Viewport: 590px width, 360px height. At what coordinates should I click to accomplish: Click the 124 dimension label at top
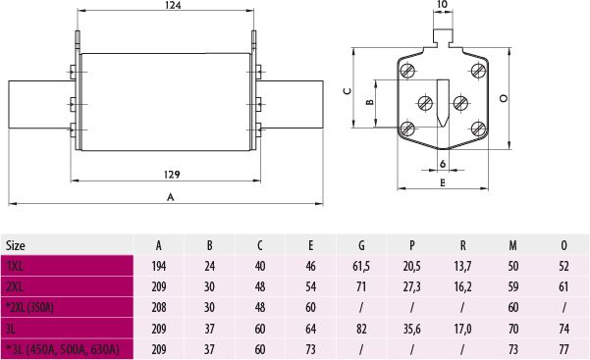point(173,5)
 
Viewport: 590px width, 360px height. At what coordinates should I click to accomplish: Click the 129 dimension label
point(172,175)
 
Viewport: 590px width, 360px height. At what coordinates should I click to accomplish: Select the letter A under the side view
point(171,197)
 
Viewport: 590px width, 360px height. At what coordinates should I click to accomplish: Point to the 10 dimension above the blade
point(443,4)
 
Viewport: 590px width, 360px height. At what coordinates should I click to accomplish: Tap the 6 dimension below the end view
point(443,164)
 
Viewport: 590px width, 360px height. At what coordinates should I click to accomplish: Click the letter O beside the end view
point(504,98)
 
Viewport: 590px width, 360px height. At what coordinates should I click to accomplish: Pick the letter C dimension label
point(348,91)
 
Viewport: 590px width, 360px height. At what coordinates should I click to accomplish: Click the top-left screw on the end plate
point(407,71)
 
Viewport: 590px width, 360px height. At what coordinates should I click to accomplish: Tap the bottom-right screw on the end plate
point(478,129)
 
